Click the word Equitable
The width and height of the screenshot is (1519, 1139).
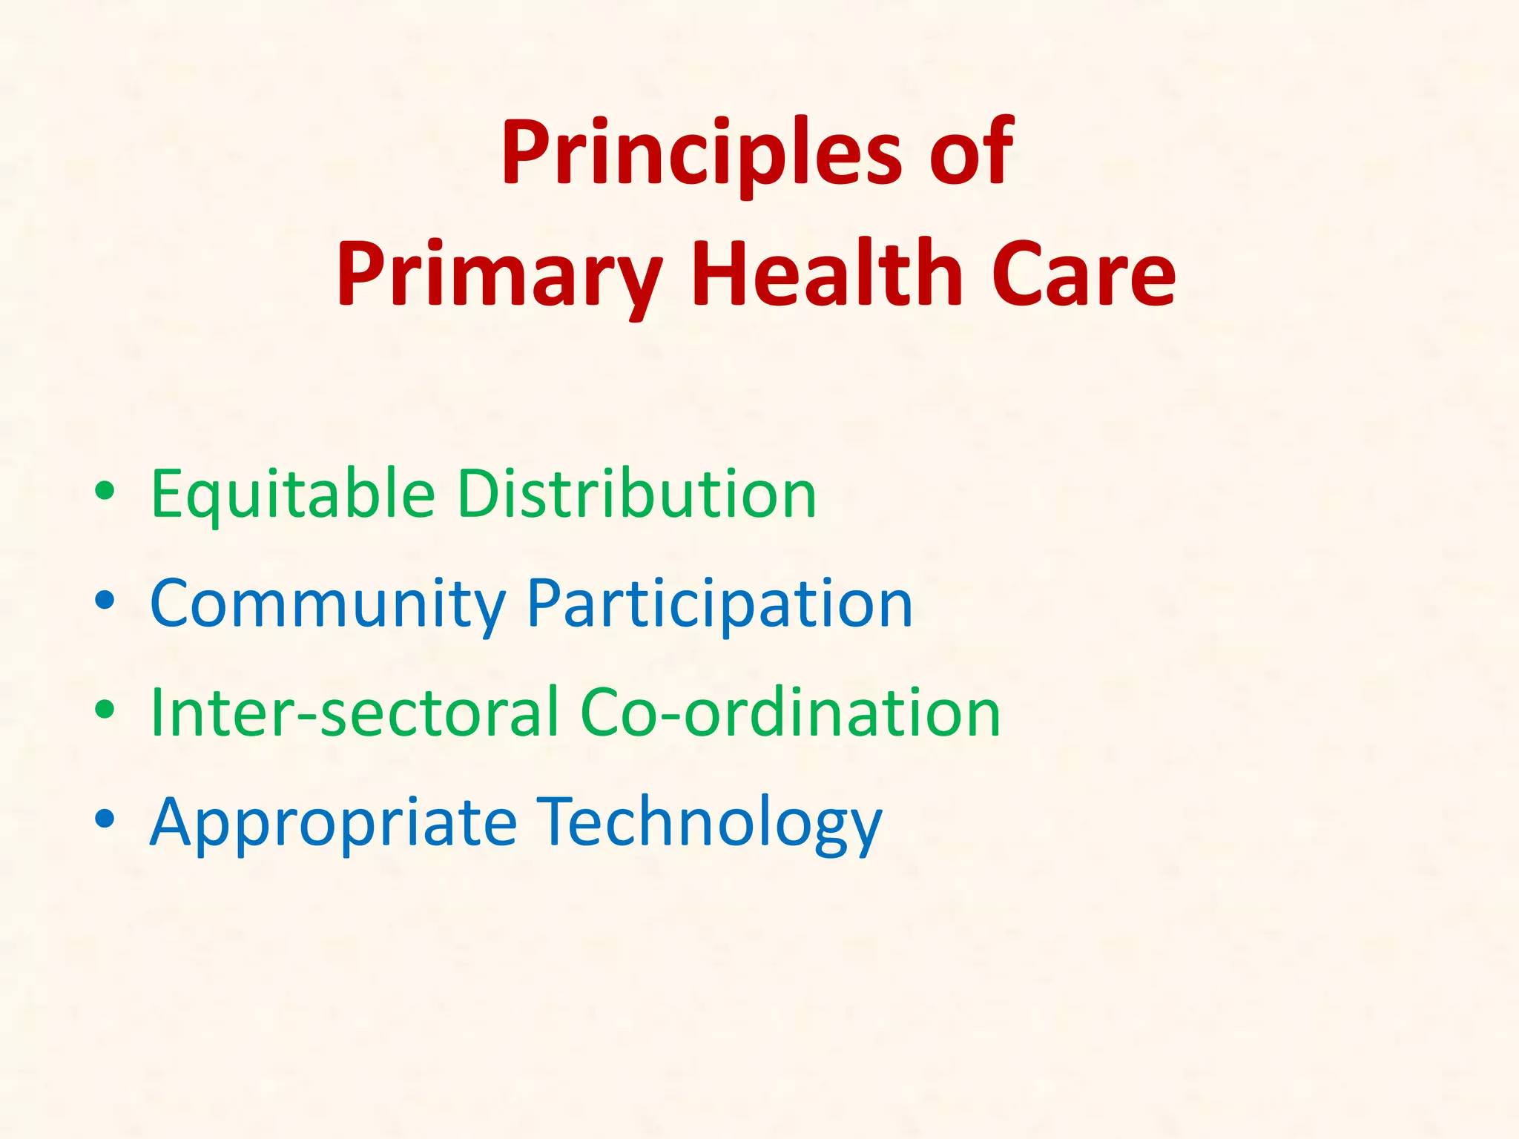(x=292, y=495)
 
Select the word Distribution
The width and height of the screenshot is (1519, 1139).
(x=636, y=494)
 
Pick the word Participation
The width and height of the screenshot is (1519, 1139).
(x=719, y=604)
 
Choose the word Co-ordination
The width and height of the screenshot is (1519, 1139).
(x=790, y=713)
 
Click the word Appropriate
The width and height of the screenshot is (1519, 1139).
(x=333, y=823)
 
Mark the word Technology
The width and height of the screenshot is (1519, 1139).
(x=708, y=823)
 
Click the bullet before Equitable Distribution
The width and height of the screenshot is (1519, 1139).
(x=105, y=492)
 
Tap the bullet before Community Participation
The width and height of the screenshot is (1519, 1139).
(x=105, y=601)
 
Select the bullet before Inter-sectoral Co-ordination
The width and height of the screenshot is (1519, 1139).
(x=105, y=710)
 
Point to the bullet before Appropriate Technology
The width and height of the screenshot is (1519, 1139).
(x=105, y=819)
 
